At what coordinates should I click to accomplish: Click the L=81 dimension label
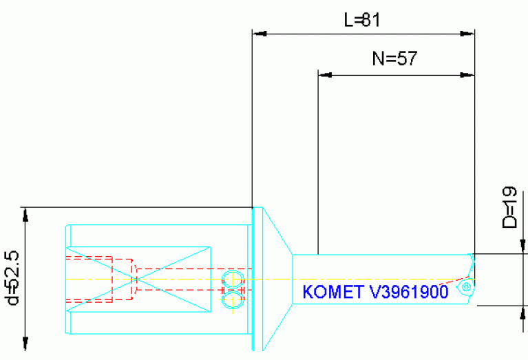coord(362,21)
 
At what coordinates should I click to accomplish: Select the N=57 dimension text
coord(395,59)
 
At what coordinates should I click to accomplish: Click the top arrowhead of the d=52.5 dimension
coord(25,214)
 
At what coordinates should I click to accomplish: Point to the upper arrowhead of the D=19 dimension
coord(523,246)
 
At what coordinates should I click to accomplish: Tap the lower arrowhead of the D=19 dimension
coord(523,313)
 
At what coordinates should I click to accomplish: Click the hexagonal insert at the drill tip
coord(467,286)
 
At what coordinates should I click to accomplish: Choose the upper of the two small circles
coord(232,279)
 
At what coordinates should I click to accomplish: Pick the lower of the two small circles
coord(232,297)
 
